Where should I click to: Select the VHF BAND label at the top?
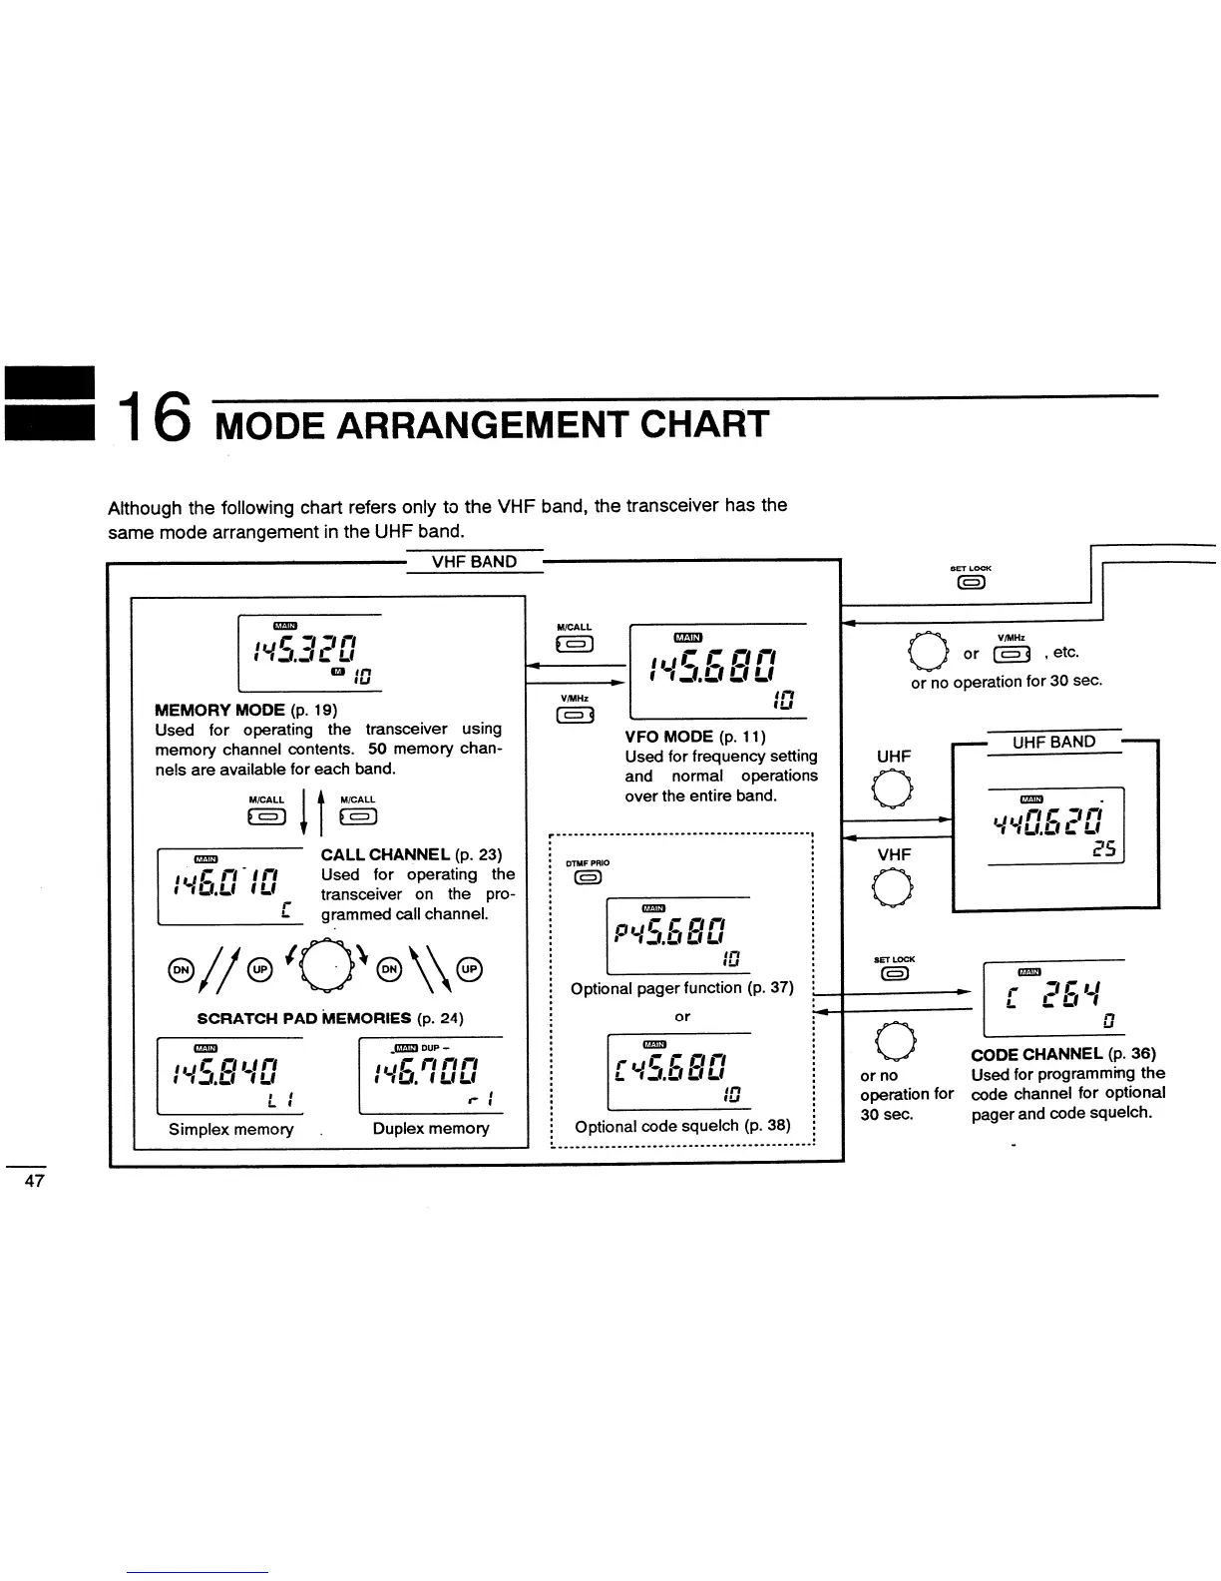tap(474, 561)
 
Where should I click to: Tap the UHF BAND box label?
tap(1053, 742)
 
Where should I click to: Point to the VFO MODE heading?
tap(668, 737)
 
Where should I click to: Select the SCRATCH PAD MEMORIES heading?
tap(303, 1018)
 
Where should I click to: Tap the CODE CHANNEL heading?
tap(1037, 1054)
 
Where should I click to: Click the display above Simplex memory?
tap(230, 1077)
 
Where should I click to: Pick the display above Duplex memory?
tap(430, 1077)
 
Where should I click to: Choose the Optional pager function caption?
tap(682, 988)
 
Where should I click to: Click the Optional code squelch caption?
tap(682, 1126)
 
